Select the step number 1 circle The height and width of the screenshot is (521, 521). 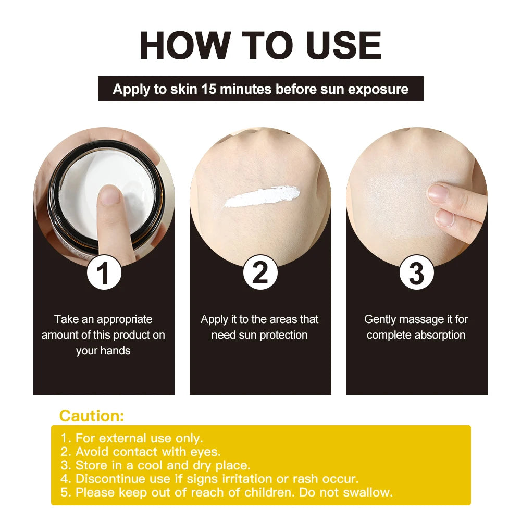104,274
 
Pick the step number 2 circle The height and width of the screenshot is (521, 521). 260,274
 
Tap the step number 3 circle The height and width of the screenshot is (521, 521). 416,274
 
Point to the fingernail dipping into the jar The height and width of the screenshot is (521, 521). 110,195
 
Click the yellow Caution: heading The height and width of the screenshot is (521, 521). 92,416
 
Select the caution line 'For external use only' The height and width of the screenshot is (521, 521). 139,438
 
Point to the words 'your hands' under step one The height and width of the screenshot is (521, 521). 103,351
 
